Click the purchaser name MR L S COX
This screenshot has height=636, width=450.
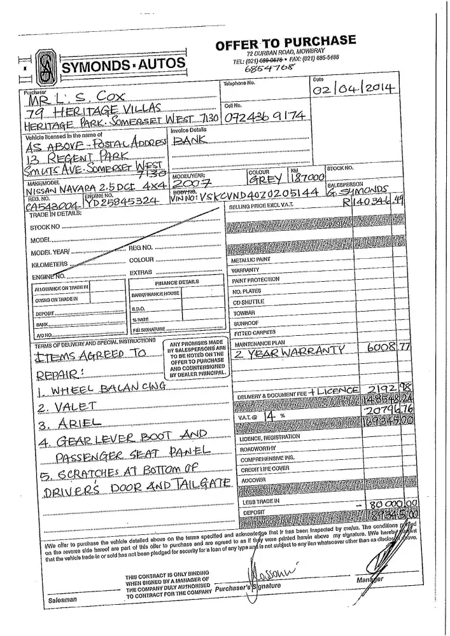click(87, 97)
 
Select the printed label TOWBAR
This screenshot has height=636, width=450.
click(244, 313)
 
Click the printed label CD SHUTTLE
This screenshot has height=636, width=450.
click(248, 302)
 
